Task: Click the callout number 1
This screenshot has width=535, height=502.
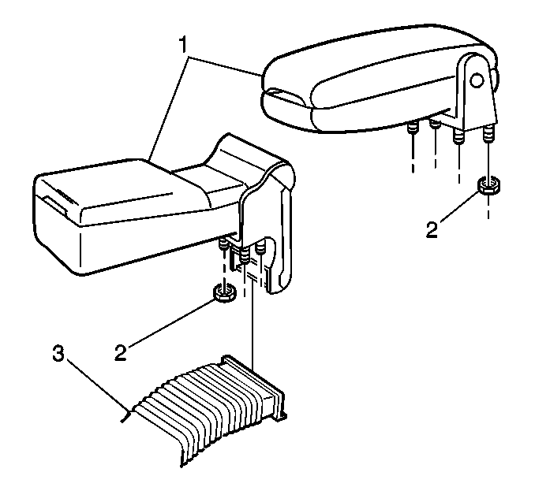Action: pos(183,46)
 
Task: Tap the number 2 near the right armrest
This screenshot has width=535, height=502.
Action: pos(432,230)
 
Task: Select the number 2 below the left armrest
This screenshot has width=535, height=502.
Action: pos(120,353)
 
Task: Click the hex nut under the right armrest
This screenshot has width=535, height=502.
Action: pos(488,186)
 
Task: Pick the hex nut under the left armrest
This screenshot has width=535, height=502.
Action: pos(224,293)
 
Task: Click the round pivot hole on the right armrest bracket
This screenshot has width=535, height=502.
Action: pos(477,80)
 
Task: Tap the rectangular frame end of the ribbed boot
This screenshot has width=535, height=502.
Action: pos(254,385)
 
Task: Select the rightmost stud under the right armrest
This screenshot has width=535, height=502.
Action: pos(488,132)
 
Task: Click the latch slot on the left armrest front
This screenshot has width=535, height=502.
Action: pos(55,205)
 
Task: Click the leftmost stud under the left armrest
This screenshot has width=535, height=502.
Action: pos(223,244)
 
